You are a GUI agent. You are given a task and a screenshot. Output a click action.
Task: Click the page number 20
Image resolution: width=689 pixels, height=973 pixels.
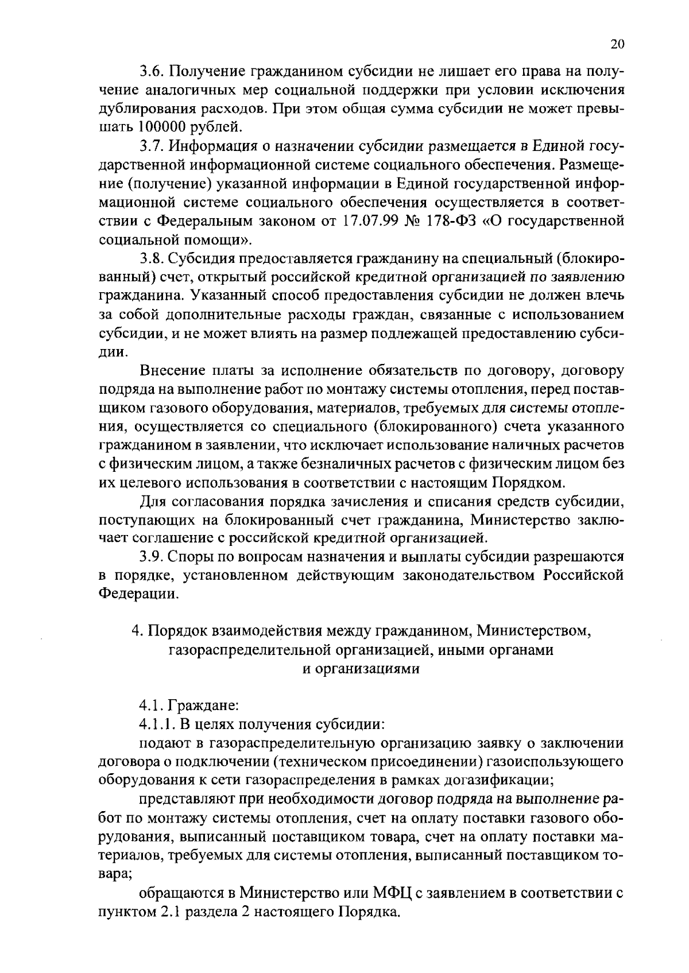617,45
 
